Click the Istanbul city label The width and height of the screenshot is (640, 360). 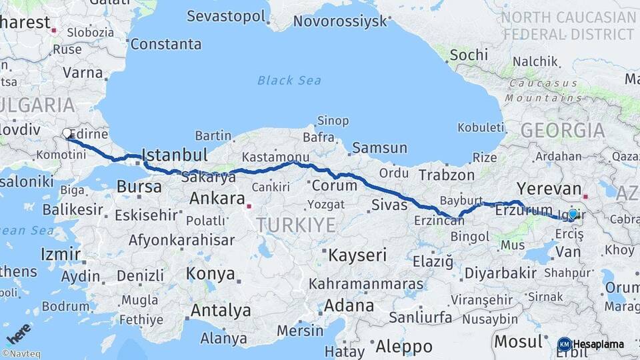pos(175,155)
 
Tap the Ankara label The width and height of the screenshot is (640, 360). pos(217,198)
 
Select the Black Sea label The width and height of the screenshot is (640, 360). pos(289,81)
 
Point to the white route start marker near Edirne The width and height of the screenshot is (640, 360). pos(67,133)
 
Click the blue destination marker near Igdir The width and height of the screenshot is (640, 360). pos(572,214)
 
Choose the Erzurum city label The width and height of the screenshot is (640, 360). pos(524,211)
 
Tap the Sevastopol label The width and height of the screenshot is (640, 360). pos(226,16)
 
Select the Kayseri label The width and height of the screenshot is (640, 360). pos(357,255)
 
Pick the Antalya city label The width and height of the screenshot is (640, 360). pos(221,310)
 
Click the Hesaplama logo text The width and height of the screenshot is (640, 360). pos(598,345)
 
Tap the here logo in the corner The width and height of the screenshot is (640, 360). pos(19,333)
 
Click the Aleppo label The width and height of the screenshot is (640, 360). pos(404,347)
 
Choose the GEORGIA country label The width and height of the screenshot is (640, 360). pos(563,130)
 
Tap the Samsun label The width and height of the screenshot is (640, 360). pos(379,147)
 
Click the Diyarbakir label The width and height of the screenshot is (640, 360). pos(500,273)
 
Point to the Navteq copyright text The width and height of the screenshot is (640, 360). pos(21,354)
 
